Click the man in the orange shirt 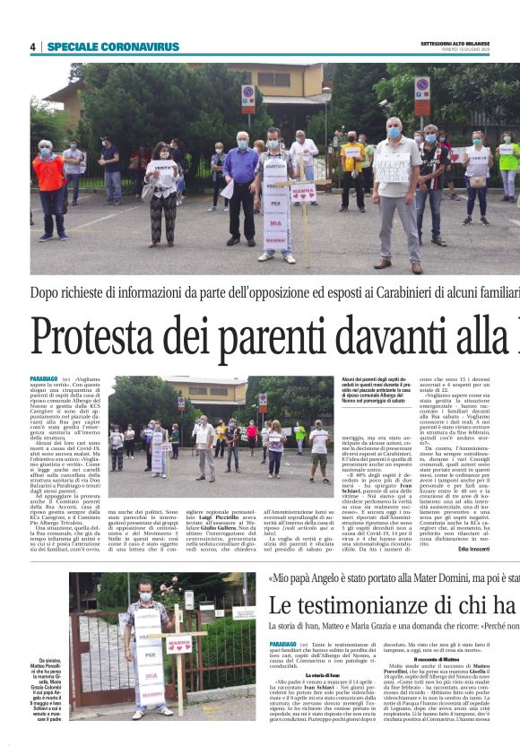click(x=48, y=188)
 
